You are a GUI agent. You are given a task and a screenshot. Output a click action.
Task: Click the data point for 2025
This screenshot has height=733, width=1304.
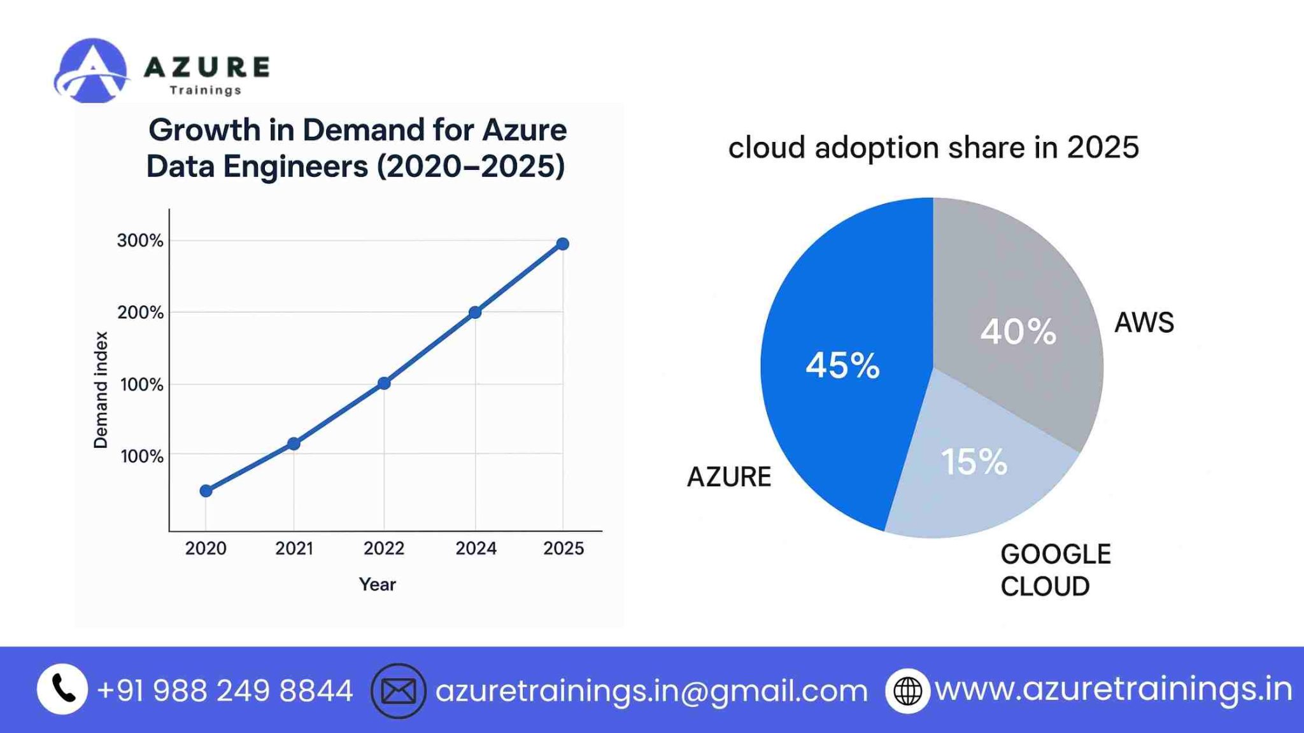[562, 244]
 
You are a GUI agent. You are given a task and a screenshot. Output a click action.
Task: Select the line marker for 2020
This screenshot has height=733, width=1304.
[206, 491]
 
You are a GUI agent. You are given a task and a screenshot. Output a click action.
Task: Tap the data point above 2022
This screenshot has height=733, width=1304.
[384, 383]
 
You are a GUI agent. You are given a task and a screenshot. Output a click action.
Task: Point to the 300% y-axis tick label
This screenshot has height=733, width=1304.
[140, 241]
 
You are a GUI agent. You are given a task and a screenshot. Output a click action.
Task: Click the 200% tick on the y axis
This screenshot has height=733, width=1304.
[140, 312]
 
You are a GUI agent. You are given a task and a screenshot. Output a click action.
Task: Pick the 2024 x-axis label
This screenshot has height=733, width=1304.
[476, 548]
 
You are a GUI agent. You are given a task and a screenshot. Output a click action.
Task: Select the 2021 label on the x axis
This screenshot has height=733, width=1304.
[294, 548]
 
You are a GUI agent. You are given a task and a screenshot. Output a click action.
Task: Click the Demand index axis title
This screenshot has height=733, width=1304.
[101, 389]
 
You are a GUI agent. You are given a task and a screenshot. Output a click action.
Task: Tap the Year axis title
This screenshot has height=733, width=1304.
[377, 584]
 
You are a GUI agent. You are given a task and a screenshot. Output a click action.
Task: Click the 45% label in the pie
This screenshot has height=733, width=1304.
[842, 366]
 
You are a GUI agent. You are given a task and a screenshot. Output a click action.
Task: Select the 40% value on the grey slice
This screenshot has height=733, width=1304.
[1018, 332]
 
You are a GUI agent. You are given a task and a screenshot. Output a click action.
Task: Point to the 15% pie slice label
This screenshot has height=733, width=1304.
[974, 461]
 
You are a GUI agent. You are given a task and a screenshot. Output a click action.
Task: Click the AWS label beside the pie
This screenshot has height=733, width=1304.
[1144, 323]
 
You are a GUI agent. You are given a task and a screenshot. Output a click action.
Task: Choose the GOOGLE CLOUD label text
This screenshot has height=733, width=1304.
[1055, 570]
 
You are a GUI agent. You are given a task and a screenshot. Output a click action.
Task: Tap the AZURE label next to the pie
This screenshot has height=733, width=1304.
[729, 477]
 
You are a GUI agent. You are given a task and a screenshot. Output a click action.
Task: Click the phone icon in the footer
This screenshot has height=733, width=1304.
[62, 690]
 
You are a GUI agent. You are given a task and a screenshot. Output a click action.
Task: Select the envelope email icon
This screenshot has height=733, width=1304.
[399, 691]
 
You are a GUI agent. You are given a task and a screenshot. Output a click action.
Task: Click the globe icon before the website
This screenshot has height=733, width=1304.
[907, 691]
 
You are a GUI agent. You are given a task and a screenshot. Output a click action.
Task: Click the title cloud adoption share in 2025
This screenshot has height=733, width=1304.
[933, 148]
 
